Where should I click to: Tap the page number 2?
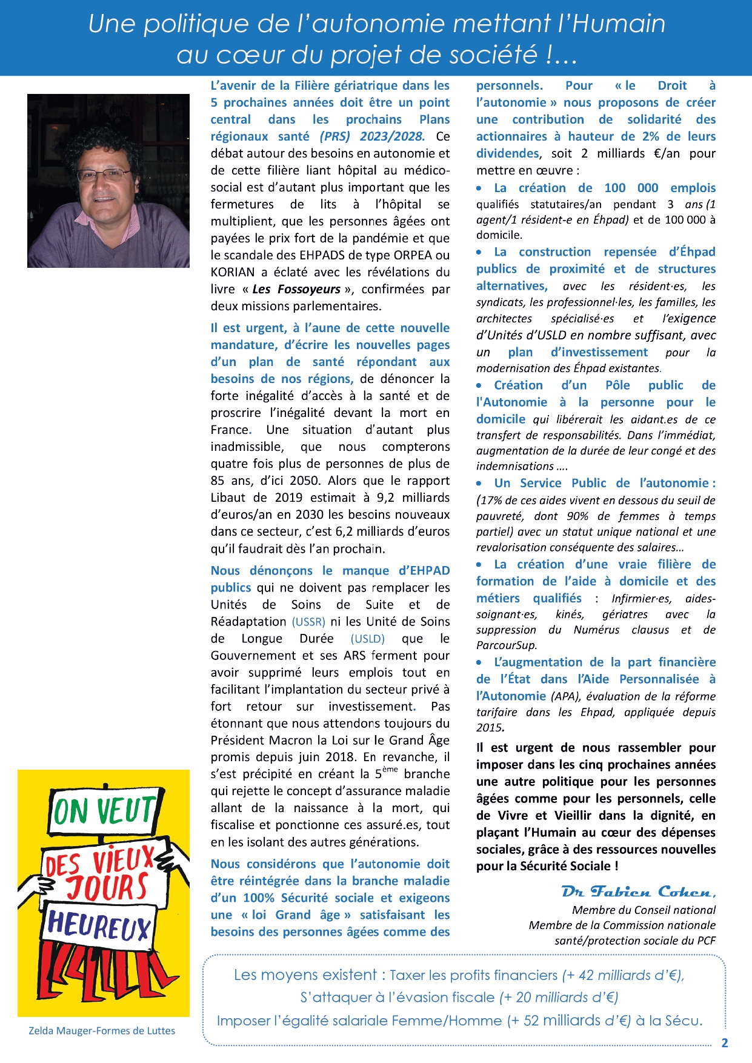[724, 1043]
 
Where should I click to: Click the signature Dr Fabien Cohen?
[638, 892]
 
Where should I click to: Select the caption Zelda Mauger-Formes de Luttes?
[102, 1031]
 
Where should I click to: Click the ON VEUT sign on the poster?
[104, 811]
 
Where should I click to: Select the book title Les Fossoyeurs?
[296, 289]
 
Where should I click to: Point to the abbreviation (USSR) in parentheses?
[308, 622]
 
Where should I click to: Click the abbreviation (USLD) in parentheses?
[367, 639]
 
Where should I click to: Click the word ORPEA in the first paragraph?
[414, 255]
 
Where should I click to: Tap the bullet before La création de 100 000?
[479, 188]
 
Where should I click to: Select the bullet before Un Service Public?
[479, 484]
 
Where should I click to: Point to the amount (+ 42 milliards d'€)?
[623, 975]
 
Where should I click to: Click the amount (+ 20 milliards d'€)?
[558, 998]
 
